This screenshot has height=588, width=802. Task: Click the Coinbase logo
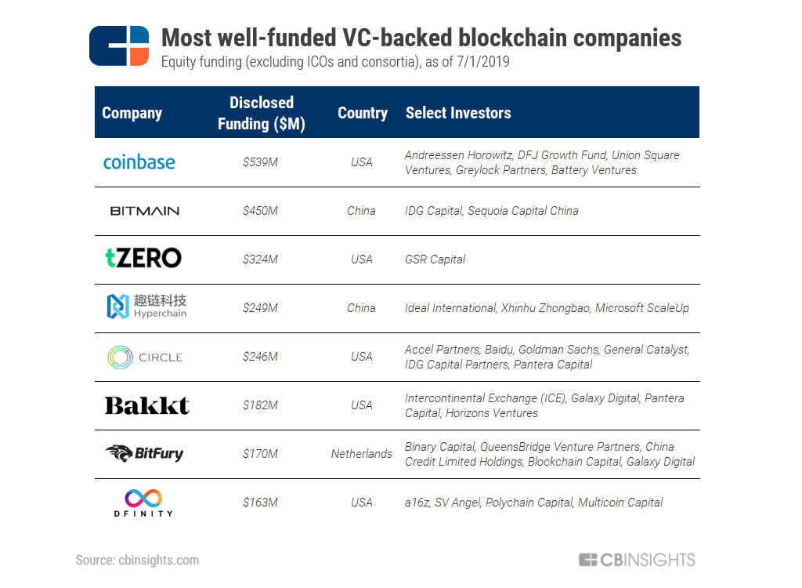click(x=139, y=162)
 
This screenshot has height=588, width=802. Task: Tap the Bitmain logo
click(x=144, y=211)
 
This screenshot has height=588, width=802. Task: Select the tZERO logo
click(x=143, y=258)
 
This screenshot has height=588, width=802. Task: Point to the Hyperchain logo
click(x=146, y=307)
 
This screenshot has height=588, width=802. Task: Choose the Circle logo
click(x=145, y=357)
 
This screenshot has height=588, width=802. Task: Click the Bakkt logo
click(x=147, y=405)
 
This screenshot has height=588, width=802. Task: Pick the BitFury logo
click(x=144, y=453)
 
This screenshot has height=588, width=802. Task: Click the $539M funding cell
click(x=260, y=162)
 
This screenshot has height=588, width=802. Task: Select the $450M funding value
click(x=260, y=211)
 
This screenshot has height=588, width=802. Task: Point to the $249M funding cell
click(x=260, y=308)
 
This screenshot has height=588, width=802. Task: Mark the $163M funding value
click(x=260, y=503)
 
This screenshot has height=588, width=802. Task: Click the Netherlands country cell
click(x=362, y=454)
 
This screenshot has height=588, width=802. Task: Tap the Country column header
click(x=363, y=113)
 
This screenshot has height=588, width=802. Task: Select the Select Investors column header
click(x=458, y=113)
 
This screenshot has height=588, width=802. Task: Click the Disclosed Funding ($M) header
click(x=262, y=113)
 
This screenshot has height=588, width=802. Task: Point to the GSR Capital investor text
click(x=435, y=260)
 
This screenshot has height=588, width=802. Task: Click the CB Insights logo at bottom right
click(x=637, y=560)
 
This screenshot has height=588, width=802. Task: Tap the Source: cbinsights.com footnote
click(x=137, y=560)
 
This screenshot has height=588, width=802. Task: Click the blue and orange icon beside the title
click(x=119, y=45)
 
